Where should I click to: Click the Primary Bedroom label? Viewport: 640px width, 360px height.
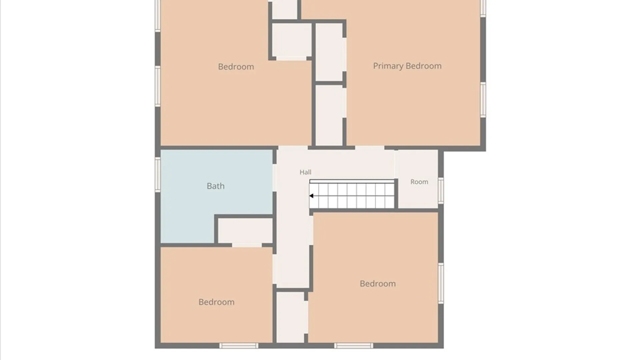(407, 66)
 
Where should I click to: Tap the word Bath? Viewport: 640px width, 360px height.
(216, 186)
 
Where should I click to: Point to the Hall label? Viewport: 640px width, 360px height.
(305, 172)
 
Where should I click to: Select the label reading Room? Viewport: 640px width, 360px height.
(419, 182)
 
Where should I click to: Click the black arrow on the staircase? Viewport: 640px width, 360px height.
(311, 196)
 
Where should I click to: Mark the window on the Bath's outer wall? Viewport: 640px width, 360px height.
(158, 174)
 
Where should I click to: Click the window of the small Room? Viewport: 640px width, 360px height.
(441, 190)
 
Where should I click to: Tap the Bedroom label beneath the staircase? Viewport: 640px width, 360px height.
(378, 284)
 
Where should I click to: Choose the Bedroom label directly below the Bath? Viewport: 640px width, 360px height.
(216, 302)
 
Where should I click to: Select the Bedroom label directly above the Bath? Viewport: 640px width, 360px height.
(236, 67)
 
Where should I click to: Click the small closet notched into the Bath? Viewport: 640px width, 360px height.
(245, 231)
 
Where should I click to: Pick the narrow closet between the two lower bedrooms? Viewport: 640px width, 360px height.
(290, 317)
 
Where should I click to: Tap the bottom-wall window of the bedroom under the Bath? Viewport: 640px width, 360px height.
(239, 346)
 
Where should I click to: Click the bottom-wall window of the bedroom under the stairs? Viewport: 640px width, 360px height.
(354, 346)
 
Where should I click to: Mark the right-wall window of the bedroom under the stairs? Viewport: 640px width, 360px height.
(441, 283)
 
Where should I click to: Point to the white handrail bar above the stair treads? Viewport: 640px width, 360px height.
(352, 181)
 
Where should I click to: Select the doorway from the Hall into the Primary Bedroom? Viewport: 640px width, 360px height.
(370, 148)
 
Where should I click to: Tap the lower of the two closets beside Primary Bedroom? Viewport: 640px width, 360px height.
(329, 115)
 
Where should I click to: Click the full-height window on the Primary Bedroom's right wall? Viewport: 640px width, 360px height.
(483, 100)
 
